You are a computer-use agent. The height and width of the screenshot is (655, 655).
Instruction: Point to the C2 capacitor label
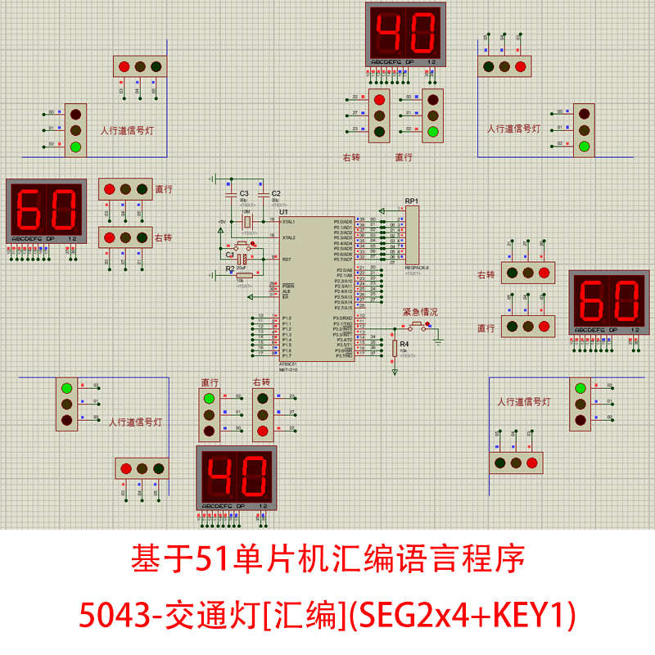(275, 192)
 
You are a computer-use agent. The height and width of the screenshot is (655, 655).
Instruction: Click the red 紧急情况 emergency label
(420, 312)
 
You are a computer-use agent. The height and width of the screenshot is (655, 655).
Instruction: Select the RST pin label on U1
(286, 259)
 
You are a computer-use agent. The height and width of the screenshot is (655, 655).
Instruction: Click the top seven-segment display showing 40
(405, 34)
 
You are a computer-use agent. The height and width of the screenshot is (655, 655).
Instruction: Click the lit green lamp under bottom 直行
(210, 399)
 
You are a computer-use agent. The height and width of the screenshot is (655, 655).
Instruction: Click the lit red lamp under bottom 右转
(262, 431)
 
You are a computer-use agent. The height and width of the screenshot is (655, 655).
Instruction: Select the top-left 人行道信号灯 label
(126, 129)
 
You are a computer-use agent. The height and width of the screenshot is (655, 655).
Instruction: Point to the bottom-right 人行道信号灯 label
(524, 402)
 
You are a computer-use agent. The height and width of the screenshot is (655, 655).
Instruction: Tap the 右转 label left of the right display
(486, 274)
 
